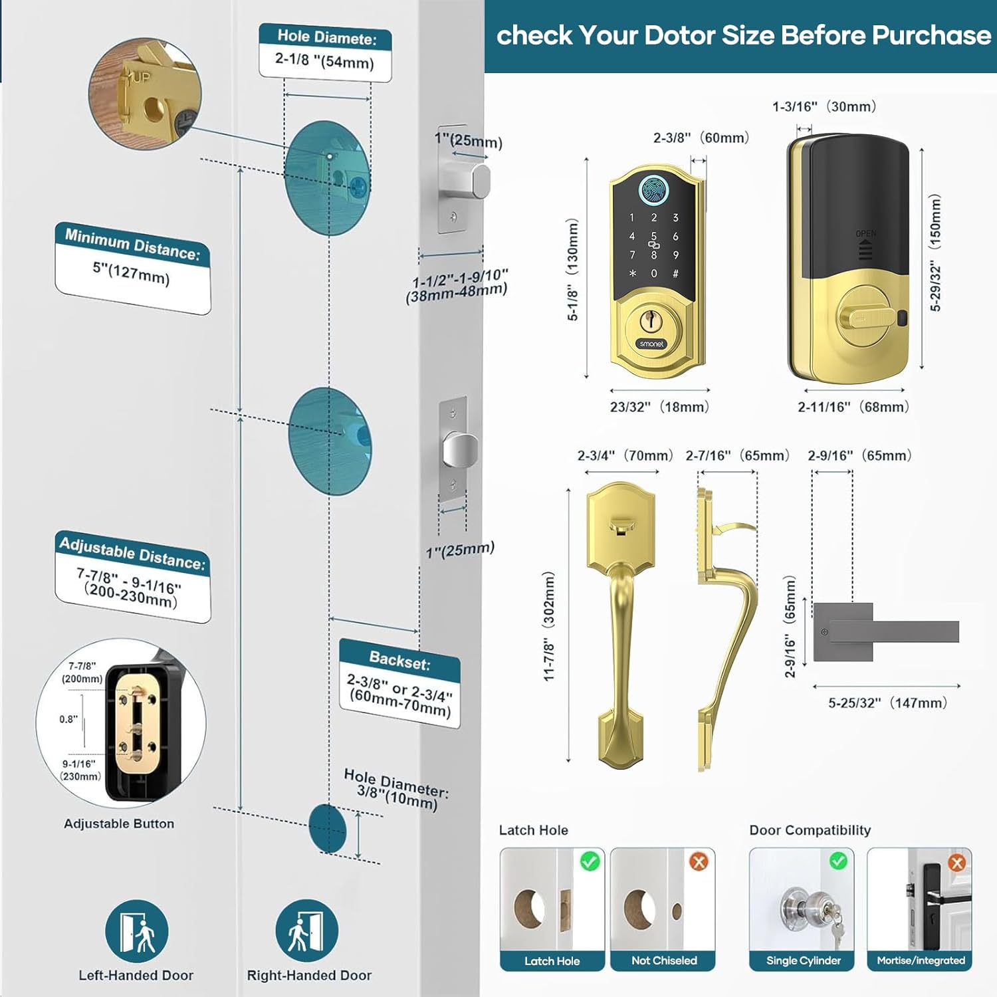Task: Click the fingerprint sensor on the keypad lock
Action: [654, 189]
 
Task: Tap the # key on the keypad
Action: [675, 273]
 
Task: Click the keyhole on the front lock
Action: [651, 321]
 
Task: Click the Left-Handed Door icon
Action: [136, 931]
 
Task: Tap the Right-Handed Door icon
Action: [307, 931]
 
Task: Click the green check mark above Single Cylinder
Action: [839, 861]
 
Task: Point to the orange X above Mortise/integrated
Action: [957, 863]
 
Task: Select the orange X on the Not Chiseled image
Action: [699, 862]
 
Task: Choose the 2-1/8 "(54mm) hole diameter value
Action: [324, 61]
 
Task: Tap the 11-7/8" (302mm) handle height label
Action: [549, 625]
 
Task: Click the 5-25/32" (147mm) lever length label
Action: [887, 703]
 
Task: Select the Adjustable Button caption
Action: [119, 824]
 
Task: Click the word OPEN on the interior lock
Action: [865, 234]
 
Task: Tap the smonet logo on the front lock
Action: [651, 344]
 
